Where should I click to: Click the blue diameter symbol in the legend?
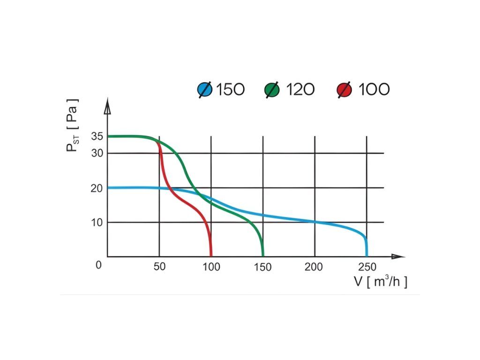click(205, 90)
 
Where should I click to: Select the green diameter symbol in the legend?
click(272, 90)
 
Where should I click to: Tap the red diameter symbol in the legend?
click(345, 90)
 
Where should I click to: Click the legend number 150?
click(230, 89)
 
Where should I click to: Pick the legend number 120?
click(300, 89)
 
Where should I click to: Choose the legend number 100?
click(374, 89)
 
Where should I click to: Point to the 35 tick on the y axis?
click(97, 136)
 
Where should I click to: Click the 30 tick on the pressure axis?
click(97, 153)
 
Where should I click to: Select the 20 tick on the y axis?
click(97, 188)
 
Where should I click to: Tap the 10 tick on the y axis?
click(97, 222)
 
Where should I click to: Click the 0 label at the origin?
click(98, 265)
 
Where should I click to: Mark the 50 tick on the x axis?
click(160, 267)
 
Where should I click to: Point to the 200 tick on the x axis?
click(314, 267)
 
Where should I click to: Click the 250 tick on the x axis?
click(367, 267)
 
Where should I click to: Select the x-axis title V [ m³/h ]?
click(380, 282)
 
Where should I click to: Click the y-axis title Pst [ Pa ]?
click(72, 125)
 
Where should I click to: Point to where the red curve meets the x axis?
click(211, 256)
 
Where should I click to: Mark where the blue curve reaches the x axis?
click(367, 256)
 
